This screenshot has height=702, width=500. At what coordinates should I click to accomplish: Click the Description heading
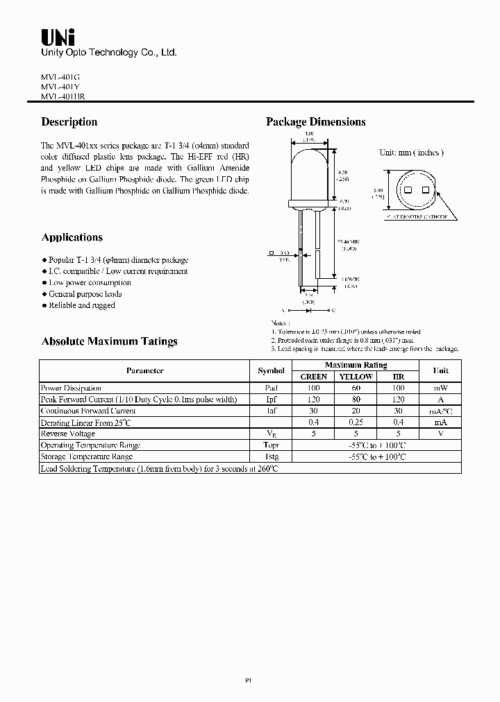(x=69, y=122)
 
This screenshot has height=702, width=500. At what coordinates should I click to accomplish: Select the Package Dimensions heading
(x=316, y=122)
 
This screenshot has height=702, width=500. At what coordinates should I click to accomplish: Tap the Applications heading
(x=72, y=237)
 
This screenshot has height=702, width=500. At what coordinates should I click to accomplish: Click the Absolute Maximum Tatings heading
(x=110, y=341)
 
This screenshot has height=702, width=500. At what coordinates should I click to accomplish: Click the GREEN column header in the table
(x=313, y=377)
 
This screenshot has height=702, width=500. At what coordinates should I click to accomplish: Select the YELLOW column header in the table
(x=356, y=377)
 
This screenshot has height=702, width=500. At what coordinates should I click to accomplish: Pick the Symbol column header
(x=271, y=371)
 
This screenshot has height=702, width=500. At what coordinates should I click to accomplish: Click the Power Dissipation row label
(x=72, y=388)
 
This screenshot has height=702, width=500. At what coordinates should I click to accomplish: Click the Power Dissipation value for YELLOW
(x=356, y=388)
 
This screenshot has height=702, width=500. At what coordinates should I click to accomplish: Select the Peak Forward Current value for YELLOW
(x=356, y=400)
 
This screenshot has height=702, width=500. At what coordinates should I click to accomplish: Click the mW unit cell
(x=440, y=388)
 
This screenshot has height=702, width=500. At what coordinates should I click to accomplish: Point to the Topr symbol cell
(x=271, y=445)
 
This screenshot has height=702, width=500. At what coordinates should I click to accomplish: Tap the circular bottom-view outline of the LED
(x=417, y=189)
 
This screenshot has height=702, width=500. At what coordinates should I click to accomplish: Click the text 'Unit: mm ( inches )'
(x=411, y=153)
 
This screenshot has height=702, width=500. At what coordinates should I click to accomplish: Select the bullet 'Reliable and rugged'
(x=81, y=305)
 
